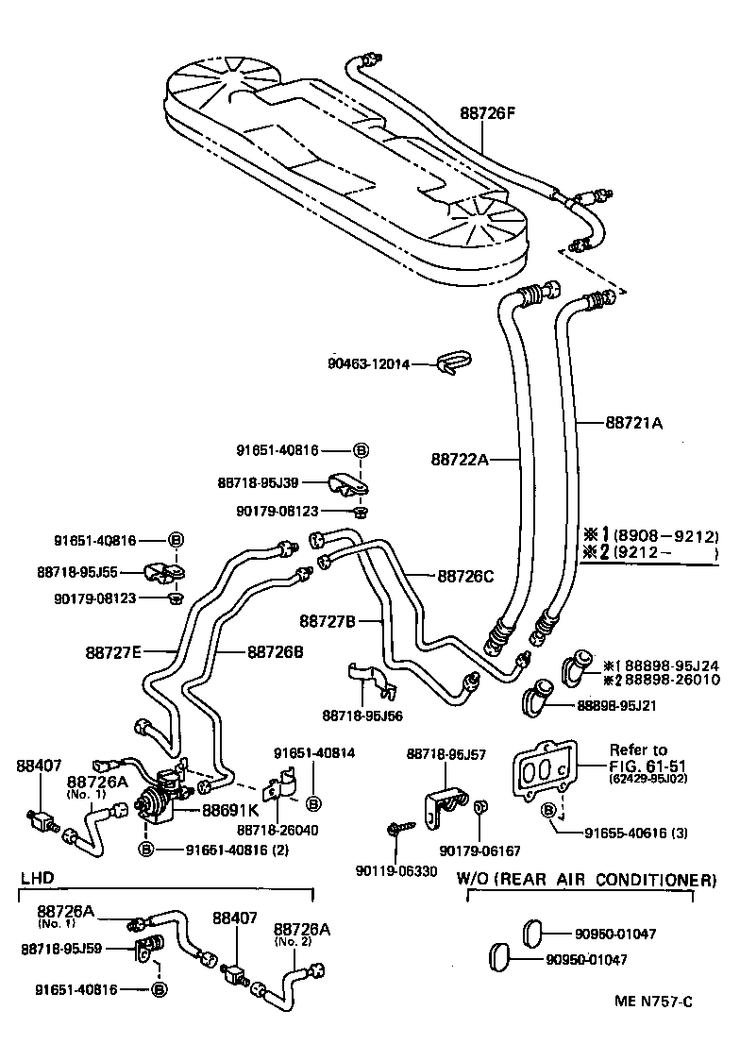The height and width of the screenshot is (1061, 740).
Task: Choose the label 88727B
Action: (328, 621)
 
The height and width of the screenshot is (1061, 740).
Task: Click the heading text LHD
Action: (36, 877)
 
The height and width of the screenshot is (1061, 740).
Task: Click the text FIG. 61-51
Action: (638, 765)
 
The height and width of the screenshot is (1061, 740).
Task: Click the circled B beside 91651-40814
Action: (313, 802)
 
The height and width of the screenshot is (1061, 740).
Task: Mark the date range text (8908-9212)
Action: (672, 535)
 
